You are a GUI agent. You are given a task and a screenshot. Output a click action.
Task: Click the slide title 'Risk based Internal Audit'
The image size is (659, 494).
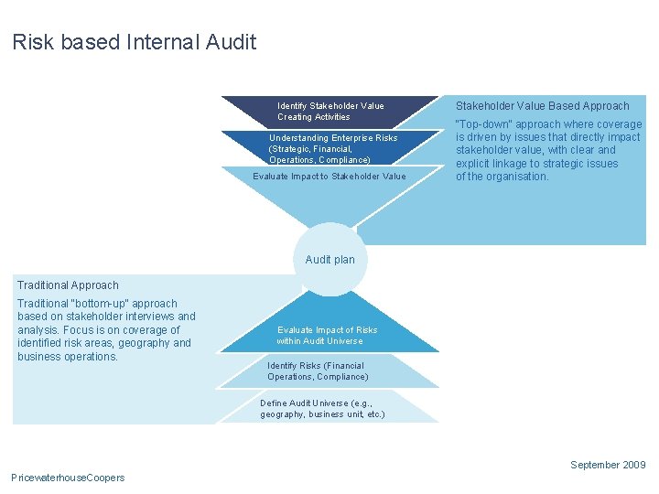pos(135,42)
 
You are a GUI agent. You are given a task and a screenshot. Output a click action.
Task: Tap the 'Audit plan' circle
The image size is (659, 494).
pos(329,260)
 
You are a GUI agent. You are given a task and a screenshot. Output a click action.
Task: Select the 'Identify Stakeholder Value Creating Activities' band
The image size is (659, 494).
pos(330,111)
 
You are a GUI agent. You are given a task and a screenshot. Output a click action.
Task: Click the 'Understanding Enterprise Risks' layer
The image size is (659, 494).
pos(332,148)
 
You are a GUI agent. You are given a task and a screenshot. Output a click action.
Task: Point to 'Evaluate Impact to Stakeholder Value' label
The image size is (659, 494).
pos(329,177)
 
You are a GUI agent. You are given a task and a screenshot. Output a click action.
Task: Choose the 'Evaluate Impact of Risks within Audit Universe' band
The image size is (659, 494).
pos(327,335)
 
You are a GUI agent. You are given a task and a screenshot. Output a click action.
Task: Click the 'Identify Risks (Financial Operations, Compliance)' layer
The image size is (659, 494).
pos(318,370)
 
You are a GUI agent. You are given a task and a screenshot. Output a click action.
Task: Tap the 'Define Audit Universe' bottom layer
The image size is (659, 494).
pos(322,408)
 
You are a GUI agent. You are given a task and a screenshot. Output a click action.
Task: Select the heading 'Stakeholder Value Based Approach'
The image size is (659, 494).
pos(543,106)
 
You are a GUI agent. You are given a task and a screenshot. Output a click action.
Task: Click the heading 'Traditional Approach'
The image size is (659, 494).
pos(68,285)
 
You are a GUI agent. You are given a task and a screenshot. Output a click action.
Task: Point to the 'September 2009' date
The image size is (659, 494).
pos(608,465)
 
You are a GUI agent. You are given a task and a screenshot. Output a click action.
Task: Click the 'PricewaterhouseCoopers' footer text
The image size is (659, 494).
pos(68,478)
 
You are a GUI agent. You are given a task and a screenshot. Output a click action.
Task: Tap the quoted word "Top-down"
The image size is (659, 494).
pos(483,124)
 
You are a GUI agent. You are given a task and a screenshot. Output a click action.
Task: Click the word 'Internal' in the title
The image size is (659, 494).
pos(171,42)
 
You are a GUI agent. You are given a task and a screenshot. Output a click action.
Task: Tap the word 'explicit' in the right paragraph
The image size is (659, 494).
pos(474,164)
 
